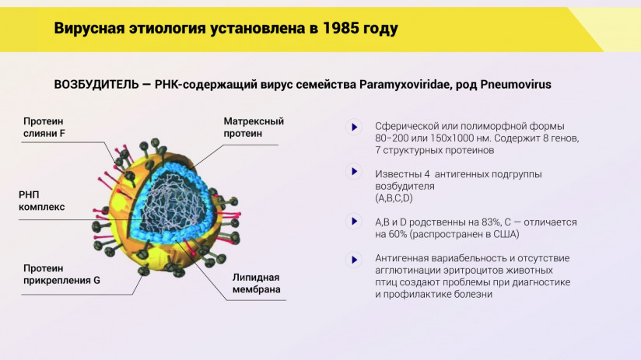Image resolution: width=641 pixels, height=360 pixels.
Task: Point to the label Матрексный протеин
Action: [x=254, y=128]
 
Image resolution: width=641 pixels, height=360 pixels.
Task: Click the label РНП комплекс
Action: [x=42, y=201]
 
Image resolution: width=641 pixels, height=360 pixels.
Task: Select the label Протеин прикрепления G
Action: [x=61, y=274]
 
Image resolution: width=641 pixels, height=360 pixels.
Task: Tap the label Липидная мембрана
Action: [x=256, y=284]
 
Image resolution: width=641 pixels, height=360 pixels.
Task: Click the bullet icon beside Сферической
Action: [x=354, y=127]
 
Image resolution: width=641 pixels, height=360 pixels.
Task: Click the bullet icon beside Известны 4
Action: [x=354, y=171]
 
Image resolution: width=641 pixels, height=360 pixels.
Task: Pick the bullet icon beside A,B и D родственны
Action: [x=354, y=222]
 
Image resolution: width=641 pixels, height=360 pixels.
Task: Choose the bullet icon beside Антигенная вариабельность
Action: [x=354, y=259]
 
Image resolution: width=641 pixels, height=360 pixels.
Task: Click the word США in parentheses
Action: [x=502, y=234]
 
